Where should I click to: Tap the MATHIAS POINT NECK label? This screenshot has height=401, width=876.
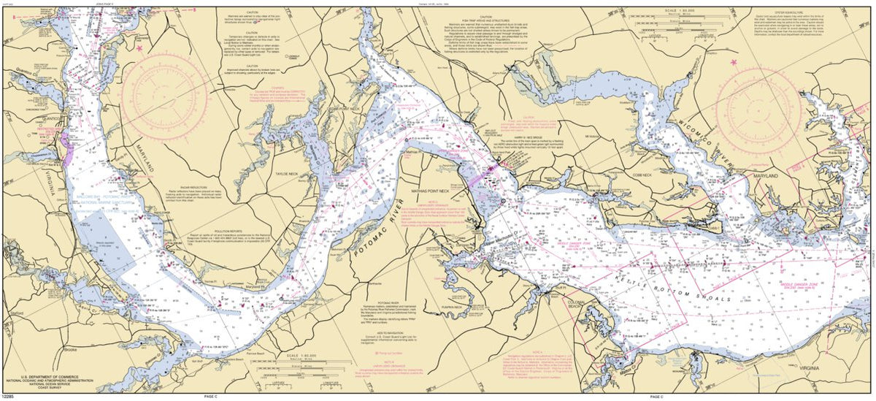(450, 190)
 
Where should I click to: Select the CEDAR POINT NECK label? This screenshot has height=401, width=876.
(345, 108)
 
